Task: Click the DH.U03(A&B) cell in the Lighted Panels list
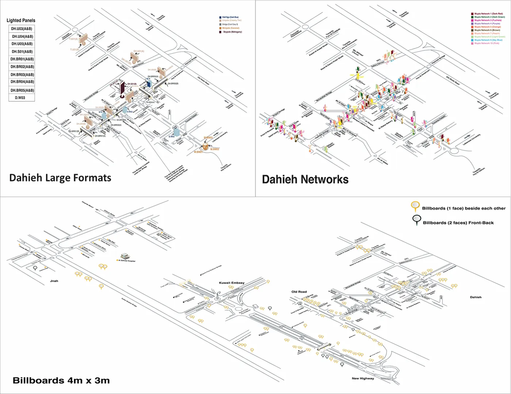coord(22,29)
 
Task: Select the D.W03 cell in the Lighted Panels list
coord(20,98)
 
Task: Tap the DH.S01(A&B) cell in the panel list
coord(22,51)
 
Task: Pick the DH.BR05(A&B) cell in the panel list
coord(22,90)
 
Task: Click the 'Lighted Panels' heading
coord(21,20)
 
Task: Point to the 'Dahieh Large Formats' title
coord(60,178)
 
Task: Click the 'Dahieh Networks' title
coord(305,179)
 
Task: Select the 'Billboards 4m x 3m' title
coord(61,381)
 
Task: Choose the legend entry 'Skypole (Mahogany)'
coord(232,32)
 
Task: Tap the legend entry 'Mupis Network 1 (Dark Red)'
coord(488,14)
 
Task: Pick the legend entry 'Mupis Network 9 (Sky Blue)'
coord(488,40)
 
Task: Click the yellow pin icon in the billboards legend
coord(415,206)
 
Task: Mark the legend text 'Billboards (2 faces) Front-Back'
coord(458,223)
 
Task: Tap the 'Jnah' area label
coord(54,281)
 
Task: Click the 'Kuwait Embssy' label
coord(232,283)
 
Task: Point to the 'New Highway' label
coord(363,378)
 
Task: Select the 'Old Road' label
coord(299,292)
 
